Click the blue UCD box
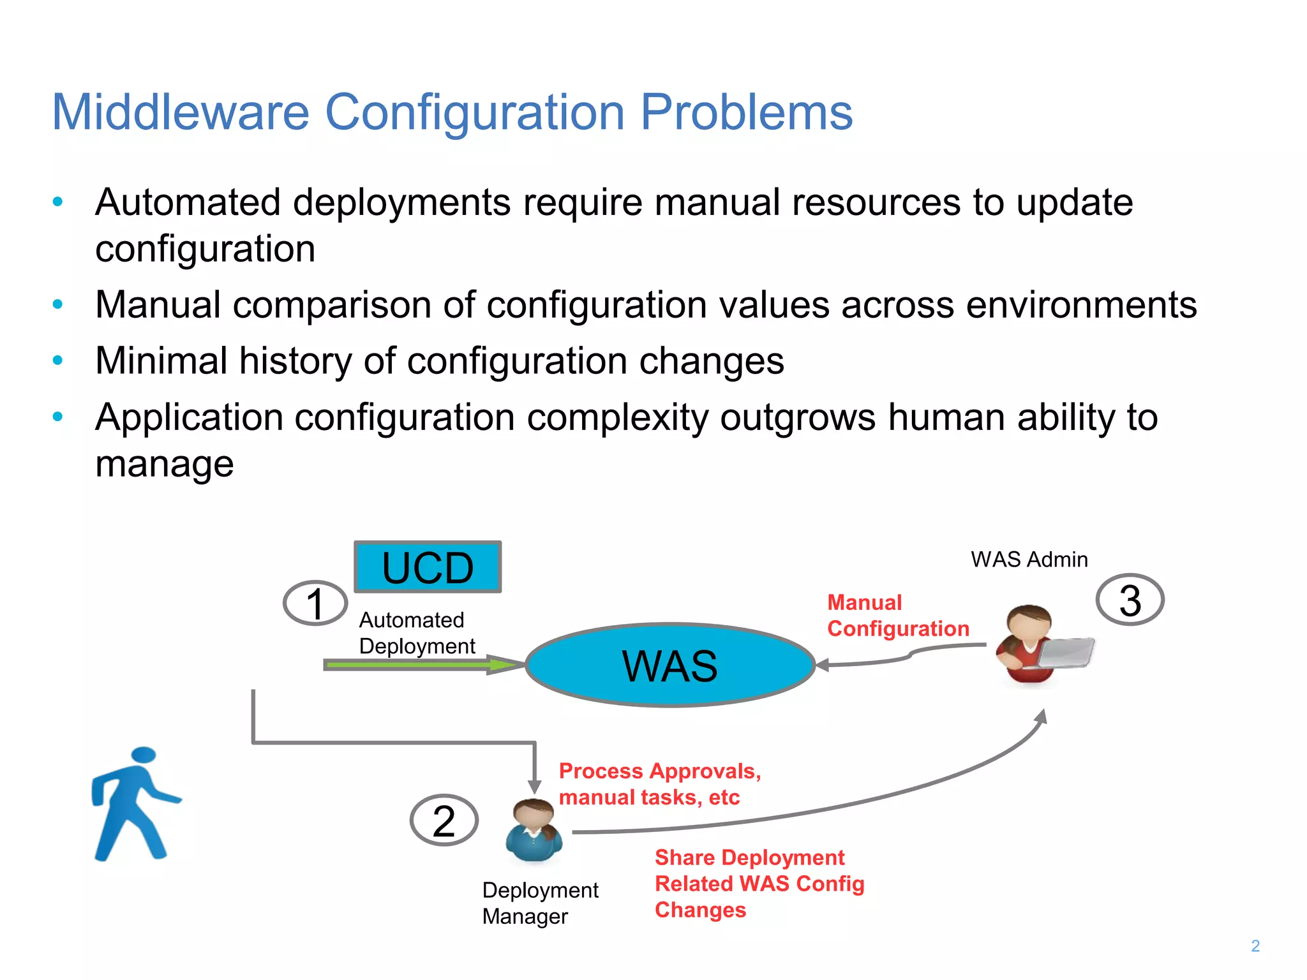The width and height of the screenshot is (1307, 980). [428, 567]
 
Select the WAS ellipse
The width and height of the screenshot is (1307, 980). [670, 665]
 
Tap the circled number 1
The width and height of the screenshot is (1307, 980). [315, 603]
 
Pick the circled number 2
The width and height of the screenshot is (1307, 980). [444, 820]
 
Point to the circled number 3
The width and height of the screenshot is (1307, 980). [1130, 600]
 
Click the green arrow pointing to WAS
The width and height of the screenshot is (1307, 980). [421, 665]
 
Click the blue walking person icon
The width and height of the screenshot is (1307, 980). [135, 804]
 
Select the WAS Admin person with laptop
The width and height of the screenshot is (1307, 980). [1034, 644]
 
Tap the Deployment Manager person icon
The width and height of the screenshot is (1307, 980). [534, 829]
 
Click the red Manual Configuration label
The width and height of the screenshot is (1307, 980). [897, 616]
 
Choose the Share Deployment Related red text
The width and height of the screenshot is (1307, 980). [759, 884]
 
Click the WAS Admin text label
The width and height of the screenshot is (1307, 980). [1029, 560]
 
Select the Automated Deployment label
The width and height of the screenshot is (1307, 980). [416, 633]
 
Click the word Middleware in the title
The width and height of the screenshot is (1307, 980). [180, 113]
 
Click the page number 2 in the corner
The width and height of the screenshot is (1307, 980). [1255, 946]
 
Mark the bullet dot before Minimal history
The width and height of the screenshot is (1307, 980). [57, 360]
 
